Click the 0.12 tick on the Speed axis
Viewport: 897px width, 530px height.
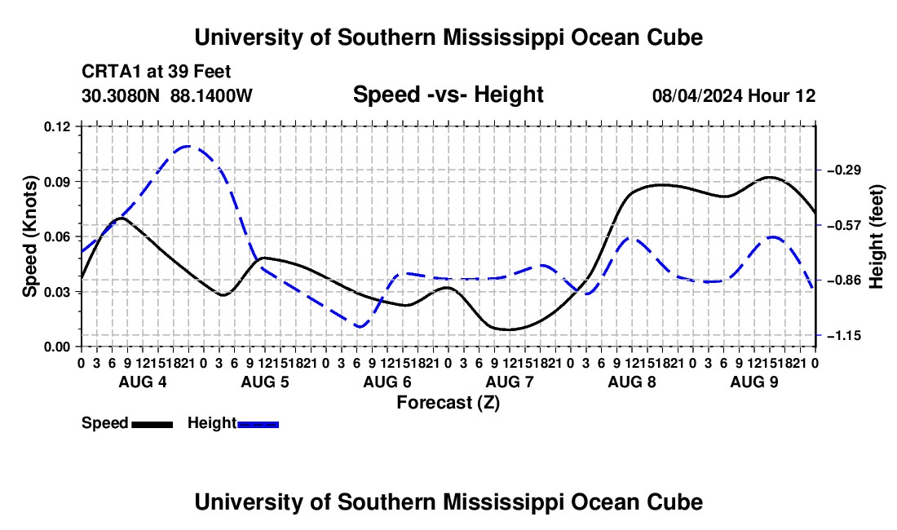click(x=56, y=126)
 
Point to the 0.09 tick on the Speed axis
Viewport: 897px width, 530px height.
click(x=56, y=182)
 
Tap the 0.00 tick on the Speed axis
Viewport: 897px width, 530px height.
click(x=56, y=347)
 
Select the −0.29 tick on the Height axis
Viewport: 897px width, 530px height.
click(x=844, y=170)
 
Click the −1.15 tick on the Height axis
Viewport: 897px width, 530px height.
click(x=844, y=336)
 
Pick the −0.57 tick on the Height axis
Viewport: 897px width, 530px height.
click(x=844, y=225)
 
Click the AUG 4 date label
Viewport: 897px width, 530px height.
click(x=143, y=382)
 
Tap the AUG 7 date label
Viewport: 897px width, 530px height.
click(x=510, y=382)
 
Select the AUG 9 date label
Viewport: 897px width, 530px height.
click(x=754, y=382)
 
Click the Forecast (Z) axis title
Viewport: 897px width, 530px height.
click(x=448, y=403)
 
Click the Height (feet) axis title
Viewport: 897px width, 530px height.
click(x=876, y=236)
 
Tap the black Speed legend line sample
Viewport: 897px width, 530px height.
click(x=152, y=424)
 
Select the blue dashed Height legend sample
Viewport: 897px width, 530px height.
click(x=258, y=424)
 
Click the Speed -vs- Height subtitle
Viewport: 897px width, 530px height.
click(x=448, y=95)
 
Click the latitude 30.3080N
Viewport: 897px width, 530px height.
click(x=121, y=95)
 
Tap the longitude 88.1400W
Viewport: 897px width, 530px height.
click(x=211, y=95)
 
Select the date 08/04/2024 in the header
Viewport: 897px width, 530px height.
click(x=697, y=95)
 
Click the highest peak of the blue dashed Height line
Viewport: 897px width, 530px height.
click(x=188, y=147)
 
